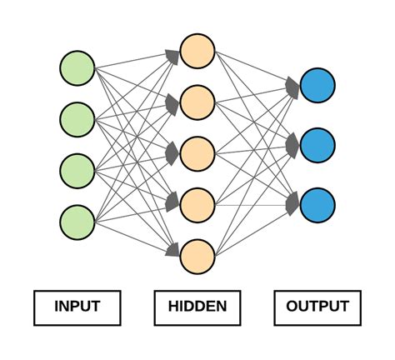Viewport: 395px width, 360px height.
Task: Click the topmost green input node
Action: pos(77,68)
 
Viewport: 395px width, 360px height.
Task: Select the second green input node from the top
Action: pos(77,119)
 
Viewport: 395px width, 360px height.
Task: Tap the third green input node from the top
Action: pos(77,170)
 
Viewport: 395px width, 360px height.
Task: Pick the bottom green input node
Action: pos(77,222)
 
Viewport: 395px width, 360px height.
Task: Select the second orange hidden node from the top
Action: pos(197,102)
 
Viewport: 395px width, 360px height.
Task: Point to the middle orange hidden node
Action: pos(197,152)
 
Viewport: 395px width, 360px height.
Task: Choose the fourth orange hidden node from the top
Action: pos(197,203)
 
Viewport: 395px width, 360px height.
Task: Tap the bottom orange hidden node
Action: pos(197,255)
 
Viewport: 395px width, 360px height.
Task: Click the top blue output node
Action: pos(317,86)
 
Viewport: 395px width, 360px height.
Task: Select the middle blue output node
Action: pos(317,145)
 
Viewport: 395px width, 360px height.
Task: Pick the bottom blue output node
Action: pos(317,204)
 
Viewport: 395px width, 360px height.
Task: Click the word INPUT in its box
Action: pos(77,307)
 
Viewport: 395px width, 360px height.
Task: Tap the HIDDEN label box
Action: pos(197,307)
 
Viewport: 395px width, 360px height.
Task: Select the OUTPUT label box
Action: pos(317,307)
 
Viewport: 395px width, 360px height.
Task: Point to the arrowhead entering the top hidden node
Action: pos(172,55)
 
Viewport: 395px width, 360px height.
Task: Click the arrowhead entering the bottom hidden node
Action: pos(172,249)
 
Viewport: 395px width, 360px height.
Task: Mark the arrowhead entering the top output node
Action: pos(292,86)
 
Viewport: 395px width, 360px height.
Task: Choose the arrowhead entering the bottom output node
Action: pos(292,202)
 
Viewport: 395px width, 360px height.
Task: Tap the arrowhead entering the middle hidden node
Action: pos(172,152)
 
